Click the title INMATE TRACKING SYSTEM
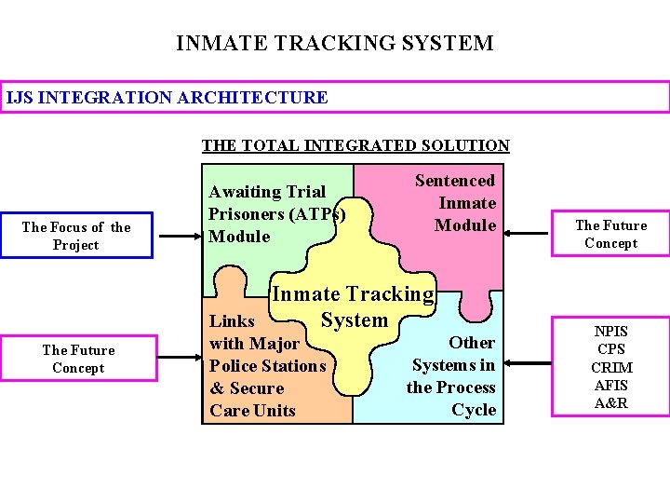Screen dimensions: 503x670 pos(335,44)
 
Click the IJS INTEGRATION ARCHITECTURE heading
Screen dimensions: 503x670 pos(167,97)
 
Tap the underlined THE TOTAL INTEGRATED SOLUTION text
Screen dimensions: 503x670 pos(355,145)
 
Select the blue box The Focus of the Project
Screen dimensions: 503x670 pos(76,236)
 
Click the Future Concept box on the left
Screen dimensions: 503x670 pos(78,359)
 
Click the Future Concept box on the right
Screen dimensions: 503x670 pos(610,234)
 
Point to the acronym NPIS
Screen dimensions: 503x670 pos(610,332)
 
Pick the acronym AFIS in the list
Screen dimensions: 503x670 pos(610,386)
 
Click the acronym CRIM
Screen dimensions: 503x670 pos(610,368)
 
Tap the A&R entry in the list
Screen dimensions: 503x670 pos(610,403)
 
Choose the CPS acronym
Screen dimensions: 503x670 pos(610,349)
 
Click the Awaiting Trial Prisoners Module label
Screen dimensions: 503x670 pos(276,214)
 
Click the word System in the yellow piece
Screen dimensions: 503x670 pos(354,320)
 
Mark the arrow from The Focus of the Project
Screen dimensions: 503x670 pos(177,237)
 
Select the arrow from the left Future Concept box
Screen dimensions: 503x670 pos(177,360)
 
